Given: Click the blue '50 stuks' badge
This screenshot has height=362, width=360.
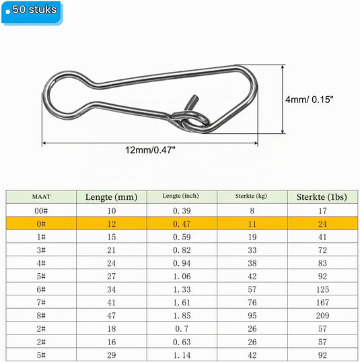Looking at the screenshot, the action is click(x=32, y=12).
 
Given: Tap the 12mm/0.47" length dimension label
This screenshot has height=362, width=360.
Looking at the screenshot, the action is click(x=150, y=150).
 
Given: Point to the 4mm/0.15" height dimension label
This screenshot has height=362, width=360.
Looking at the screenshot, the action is click(x=310, y=100).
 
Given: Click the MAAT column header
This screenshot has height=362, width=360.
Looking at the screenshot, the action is click(x=41, y=196).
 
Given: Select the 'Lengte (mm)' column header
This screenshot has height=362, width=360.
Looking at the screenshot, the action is click(x=111, y=197).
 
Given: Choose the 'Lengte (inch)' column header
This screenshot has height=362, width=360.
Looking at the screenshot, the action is click(x=180, y=196).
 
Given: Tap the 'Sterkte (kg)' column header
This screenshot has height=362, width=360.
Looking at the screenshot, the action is click(x=251, y=196).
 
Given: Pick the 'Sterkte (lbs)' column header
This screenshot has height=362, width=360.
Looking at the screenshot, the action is click(x=322, y=197).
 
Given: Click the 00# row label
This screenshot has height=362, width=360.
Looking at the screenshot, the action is click(x=41, y=211).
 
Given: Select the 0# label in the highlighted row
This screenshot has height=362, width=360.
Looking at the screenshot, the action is click(x=41, y=224).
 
